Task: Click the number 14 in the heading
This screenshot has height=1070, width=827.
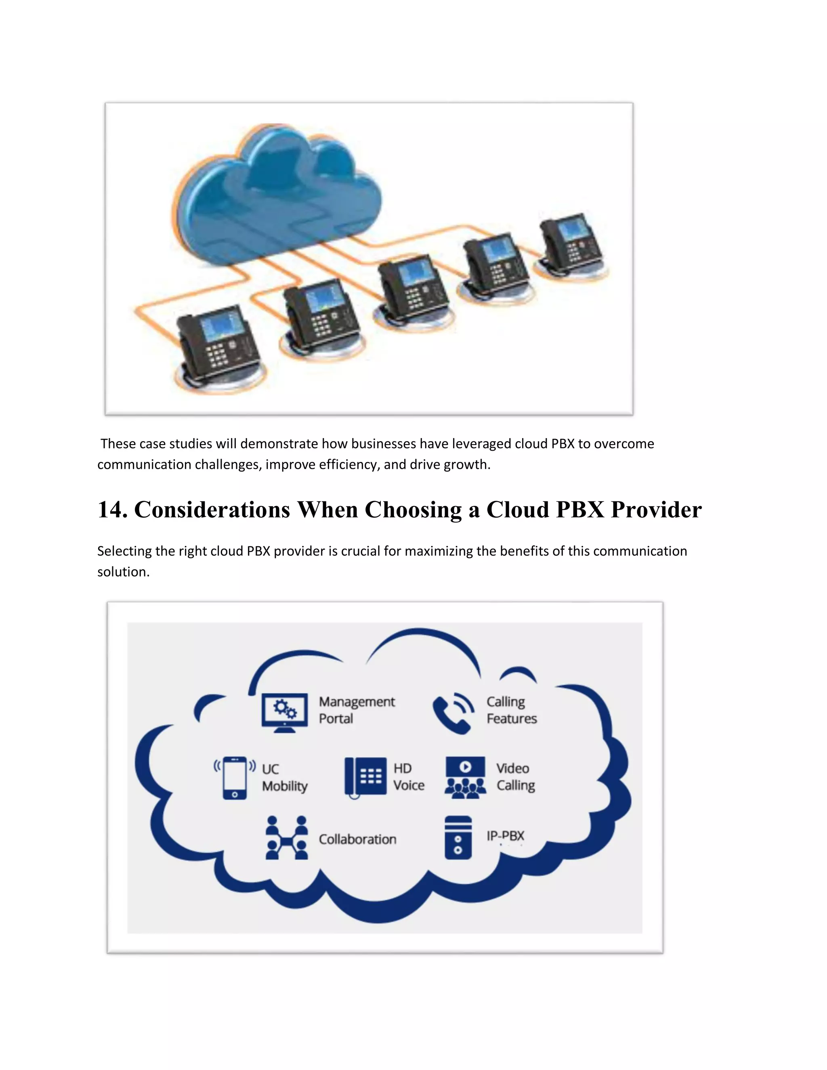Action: click(x=112, y=510)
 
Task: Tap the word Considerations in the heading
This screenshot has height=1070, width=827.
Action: click(x=212, y=510)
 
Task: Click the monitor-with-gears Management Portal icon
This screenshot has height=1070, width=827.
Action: click(x=285, y=712)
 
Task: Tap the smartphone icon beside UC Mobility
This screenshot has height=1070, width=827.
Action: click(x=235, y=778)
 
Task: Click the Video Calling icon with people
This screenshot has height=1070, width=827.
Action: click(x=465, y=778)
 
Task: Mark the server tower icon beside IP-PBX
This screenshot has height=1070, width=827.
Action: click(x=458, y=837)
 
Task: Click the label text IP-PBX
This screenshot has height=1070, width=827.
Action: click(x=505, y=836)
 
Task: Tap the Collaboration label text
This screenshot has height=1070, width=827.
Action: click(x=357, y=839)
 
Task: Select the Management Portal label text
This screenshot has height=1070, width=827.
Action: click(x=356, y=710)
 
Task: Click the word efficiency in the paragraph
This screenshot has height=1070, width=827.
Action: click(x=348, y=464)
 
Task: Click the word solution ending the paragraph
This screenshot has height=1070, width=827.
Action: click(x=122, y=572)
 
